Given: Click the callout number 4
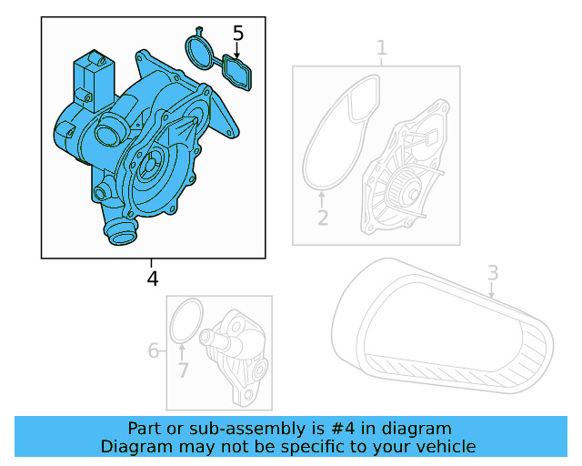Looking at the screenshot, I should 153,279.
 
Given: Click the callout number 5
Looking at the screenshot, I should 238,34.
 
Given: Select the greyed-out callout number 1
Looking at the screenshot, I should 382,47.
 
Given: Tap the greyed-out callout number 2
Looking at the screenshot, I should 322,218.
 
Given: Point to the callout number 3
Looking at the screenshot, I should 492,272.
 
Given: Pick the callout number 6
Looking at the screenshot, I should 154,350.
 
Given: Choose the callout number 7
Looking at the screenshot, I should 183,370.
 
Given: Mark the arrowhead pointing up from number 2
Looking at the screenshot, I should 322,196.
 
